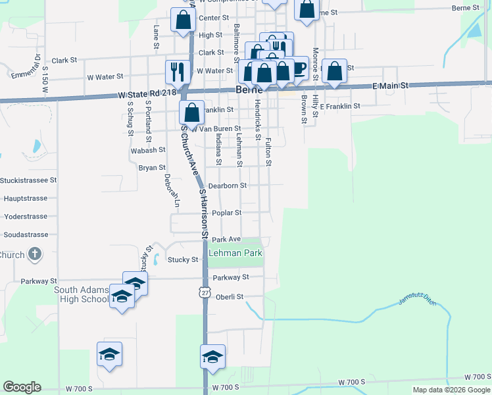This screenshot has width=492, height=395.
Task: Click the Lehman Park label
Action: (235, 253)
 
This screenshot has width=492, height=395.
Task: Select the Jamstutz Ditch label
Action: (417, 301)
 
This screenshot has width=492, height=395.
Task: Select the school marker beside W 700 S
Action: (213, 357)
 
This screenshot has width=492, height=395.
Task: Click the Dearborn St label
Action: (228, 186)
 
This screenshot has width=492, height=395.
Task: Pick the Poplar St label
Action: (226, 213)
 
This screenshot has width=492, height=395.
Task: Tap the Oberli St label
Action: (230, 297)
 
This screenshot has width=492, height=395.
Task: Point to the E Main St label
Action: (391, 86)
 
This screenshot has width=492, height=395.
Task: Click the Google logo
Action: (22, 387)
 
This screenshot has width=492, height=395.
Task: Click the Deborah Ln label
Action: (172, 190)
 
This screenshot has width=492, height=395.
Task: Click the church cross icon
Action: (36, 255)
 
